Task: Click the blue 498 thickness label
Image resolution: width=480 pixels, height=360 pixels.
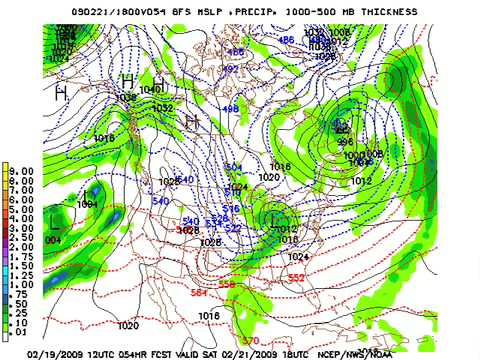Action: (229, 108)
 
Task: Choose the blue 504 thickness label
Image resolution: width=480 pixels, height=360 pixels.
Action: (234, 166)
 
